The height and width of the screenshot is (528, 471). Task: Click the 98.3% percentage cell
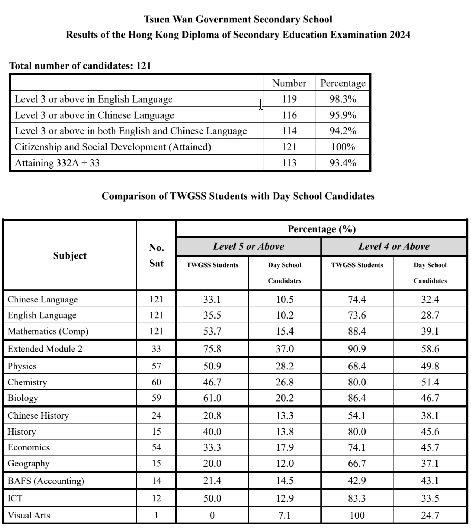click(x=343, y=99)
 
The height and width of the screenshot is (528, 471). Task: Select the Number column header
click(x=289, y=83)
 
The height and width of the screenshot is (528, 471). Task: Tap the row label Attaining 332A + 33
click(x=57, y=163)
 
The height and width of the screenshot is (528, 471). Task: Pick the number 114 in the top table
click(x=289, y=131)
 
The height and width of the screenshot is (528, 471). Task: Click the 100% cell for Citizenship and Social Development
click(x=343, y=147)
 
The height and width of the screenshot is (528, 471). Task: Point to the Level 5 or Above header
click(x=248, y=247)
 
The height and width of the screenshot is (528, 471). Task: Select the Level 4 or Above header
click(x=394, y=247)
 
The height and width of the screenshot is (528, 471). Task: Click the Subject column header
click(x=70, y=255)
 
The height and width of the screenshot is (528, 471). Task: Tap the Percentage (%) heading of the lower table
click(x=321, y=229)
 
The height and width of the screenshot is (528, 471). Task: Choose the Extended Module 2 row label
click(x=45, y=349)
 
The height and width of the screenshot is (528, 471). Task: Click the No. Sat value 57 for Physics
click(x=156, y=366)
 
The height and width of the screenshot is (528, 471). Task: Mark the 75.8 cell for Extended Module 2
click(x=212, y=349)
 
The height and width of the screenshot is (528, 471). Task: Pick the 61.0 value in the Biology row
click(x=212, y=398)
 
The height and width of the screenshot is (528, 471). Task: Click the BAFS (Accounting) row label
click(x=46, y=481)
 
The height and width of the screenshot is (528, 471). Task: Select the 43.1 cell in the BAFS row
click(x=430, y=481)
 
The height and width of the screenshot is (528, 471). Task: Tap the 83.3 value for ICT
click(x=357, y=498)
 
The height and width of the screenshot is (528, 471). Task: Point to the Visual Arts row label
click(x=29, y=515)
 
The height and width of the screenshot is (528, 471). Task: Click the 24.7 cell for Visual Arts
click(x=430, y=515)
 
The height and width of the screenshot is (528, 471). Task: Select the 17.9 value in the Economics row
click(x=285, y=447)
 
